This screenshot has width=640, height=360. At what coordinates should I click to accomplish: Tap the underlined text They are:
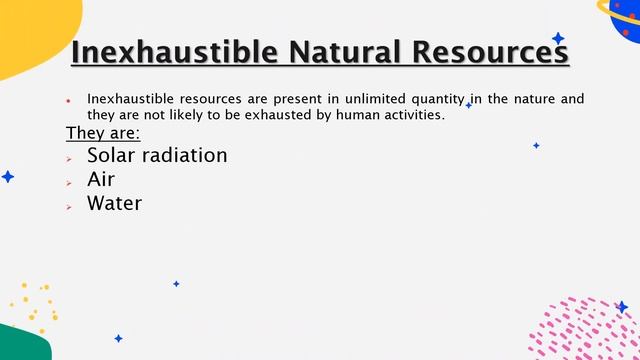[x=103, y=133]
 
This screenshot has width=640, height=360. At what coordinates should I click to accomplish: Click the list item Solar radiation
[x=157, y=155]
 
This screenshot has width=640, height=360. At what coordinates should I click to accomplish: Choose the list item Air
[x=101, y=179]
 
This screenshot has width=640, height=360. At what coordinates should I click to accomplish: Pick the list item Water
[x=114, y=203]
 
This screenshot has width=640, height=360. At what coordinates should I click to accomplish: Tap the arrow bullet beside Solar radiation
[x=69, y=158]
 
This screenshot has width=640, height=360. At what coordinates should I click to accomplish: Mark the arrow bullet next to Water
[x=69, y=206]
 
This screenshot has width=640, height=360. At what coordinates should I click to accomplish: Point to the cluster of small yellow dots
[x=34, y=305]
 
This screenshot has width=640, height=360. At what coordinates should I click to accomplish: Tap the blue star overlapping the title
[x=558, y=38]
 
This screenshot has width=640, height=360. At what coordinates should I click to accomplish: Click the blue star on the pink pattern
[x=621, y=307]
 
